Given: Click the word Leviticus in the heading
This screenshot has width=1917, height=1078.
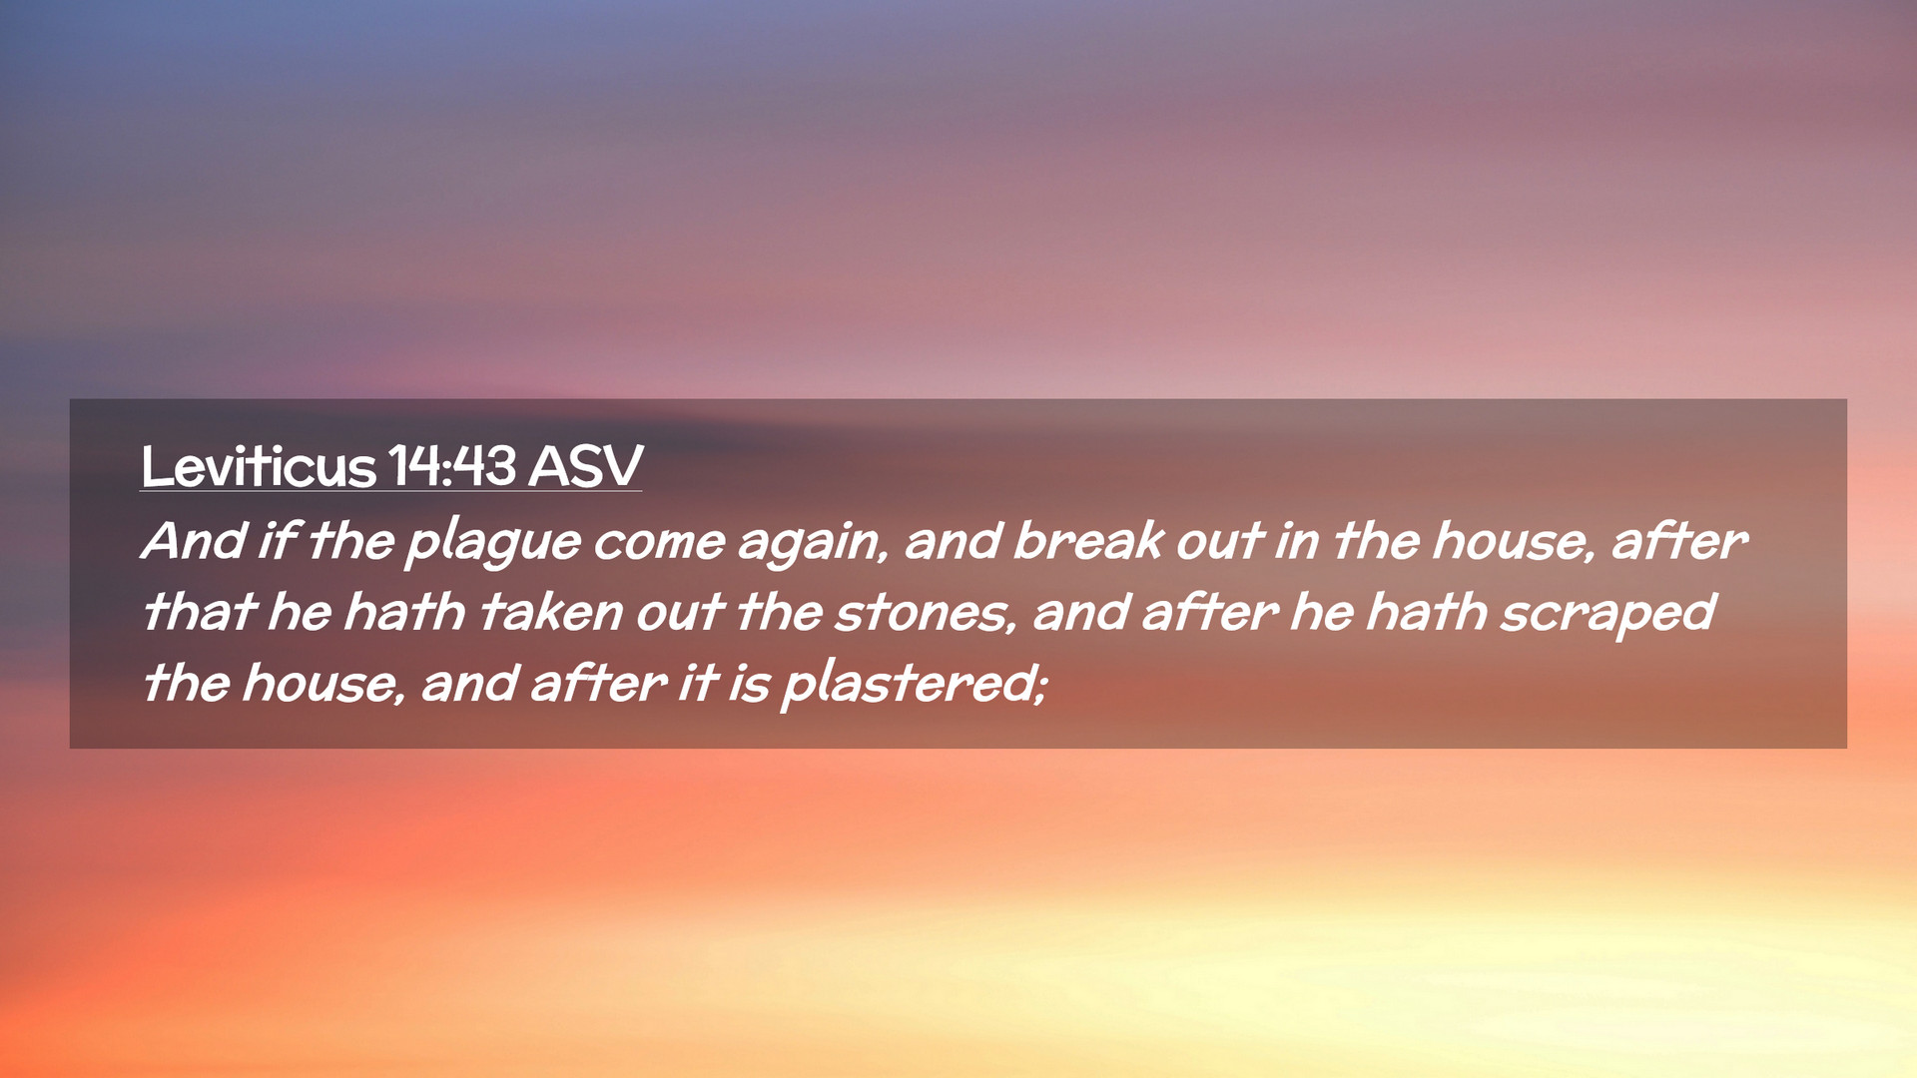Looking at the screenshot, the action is click(x=258, y=466).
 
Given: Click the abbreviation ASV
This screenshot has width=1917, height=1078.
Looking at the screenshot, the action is click(x=586, y=466).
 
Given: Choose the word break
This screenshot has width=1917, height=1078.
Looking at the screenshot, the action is click(x=1088, y=541).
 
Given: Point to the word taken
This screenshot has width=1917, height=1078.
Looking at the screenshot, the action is click(x=551, y=612).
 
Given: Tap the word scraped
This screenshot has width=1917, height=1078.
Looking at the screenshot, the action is click(x=1607, y=616).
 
